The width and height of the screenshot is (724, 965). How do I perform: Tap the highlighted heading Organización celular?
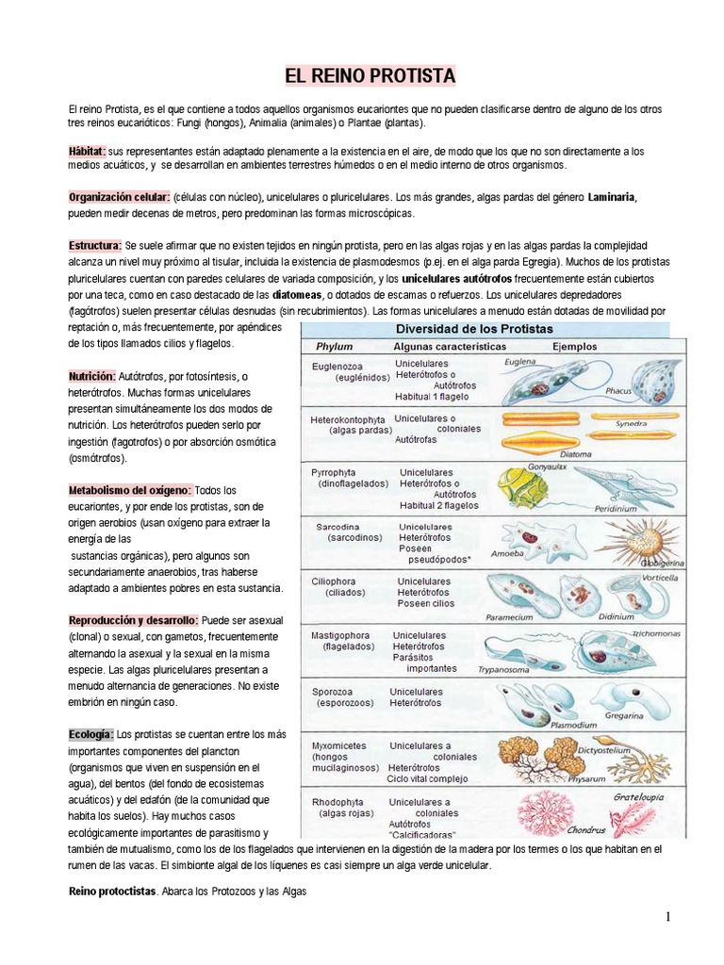pyautogui.click(x=118, y=197)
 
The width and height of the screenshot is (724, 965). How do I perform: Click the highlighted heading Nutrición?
pyautogui.click(x=91, y=376)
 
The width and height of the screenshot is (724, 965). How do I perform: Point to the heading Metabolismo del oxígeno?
pyautogui.click(x=130, y=490)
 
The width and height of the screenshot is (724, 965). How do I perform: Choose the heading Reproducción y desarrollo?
pyautogui.click(x=133, y=621)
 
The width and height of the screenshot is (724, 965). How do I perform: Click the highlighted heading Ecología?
pyautogui.click(x=90, y=733)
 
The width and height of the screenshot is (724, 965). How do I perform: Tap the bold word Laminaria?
pyautogui.click(x=612, y=197)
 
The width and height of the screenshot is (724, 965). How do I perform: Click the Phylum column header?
pyautogui.click(x=335, y=346)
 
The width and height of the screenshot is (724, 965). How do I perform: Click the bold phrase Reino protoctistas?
pyautogui.click(x=111, y=891)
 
